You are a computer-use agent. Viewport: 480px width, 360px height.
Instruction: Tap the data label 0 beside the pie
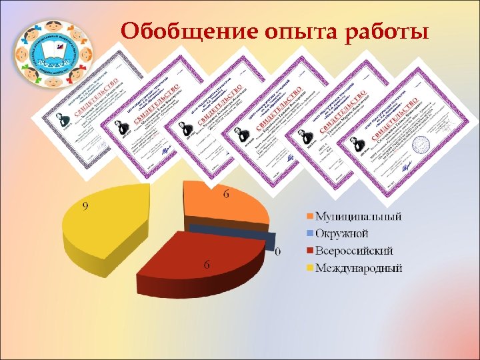(x=277, y=252)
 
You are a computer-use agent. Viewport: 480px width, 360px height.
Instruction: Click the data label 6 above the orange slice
(x=226, y=194)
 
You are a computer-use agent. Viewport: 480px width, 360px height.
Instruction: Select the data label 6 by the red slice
(x=207, y=265)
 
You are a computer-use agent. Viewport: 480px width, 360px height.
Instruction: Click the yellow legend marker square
(x=310, y=269)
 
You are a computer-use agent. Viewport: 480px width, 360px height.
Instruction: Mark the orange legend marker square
(x=310, y=217)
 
